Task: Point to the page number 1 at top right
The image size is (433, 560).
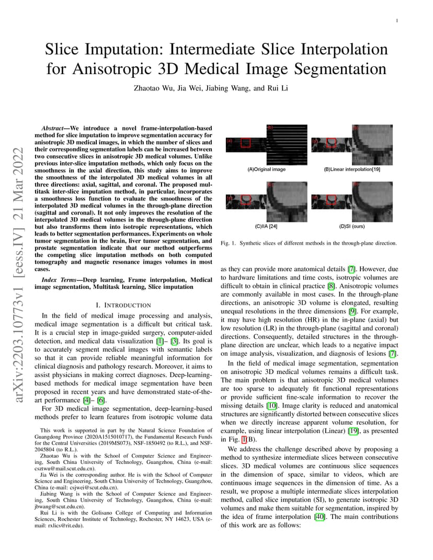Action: click(x=398, y=21)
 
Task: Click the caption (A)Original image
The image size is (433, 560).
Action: click(x=267, y=170)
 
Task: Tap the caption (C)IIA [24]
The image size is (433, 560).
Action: click(x=266, y=227)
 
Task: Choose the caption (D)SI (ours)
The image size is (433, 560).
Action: click(x=351, y=227)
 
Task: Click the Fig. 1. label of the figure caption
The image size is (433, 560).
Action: click(x=228, y=243)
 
